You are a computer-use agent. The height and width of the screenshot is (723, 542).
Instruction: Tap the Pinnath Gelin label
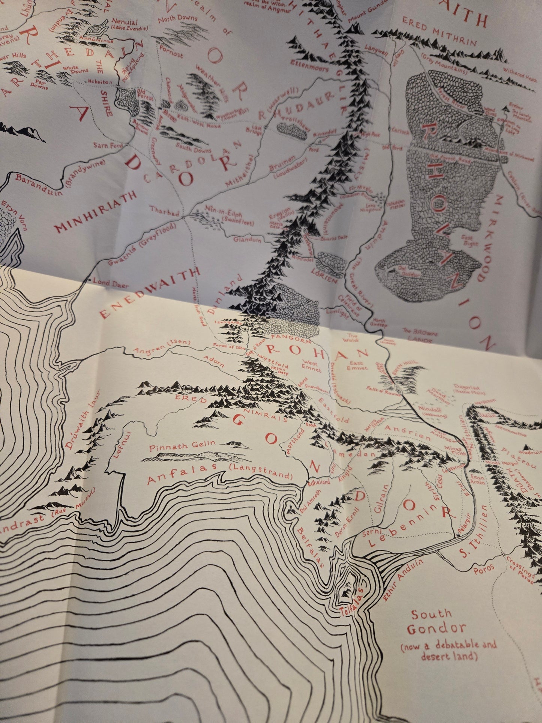tap(182, 447)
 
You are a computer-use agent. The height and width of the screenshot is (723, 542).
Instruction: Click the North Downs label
tap(175, 22)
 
